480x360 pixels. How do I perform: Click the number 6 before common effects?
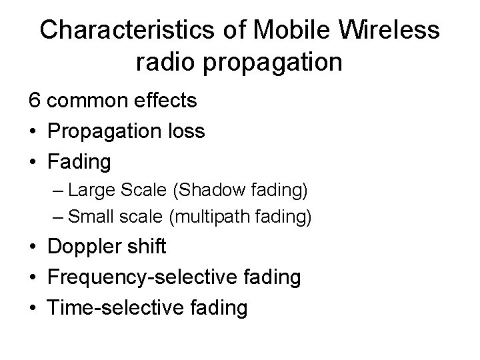pos(33,101)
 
